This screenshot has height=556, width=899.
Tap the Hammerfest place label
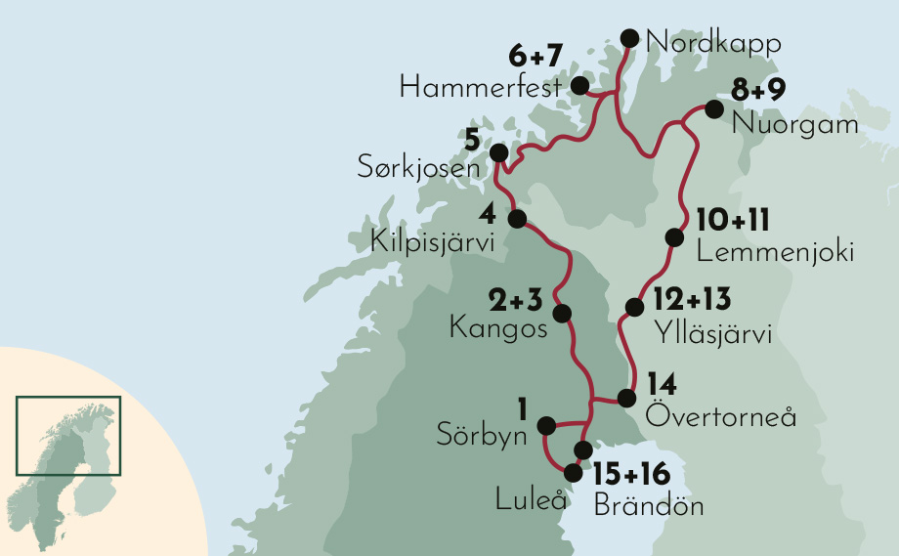click(481, 89)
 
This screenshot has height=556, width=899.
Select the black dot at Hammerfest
click(579, 86)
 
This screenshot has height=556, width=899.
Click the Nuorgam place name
click(795, 125)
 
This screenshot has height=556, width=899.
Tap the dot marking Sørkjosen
click(498, 153)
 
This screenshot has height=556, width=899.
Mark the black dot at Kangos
click(562, 314)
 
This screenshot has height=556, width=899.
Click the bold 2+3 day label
click(516, 298)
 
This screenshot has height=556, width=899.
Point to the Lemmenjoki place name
click(776, 252)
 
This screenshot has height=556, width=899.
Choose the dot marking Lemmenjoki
click(673, 237)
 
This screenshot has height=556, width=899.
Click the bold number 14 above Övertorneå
click(663, 384)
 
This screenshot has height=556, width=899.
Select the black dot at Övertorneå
click(626, 398)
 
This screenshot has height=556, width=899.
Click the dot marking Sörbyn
click(547, 425)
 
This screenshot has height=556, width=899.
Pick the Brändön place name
click(648, 506)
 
